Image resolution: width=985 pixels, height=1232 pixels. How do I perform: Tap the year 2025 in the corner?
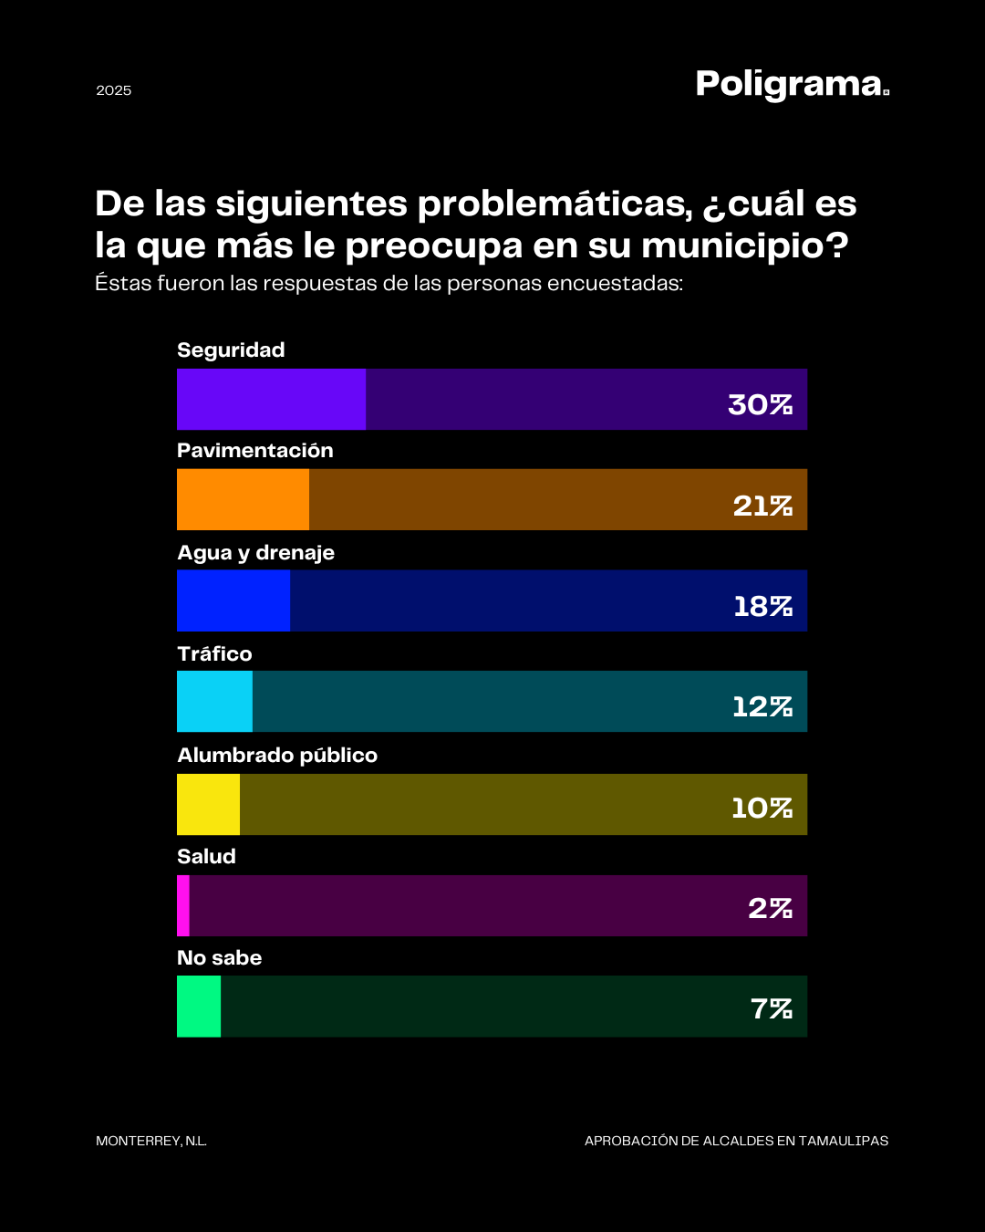click(114, 90)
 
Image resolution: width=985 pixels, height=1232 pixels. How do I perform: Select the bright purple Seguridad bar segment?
click(271, 399)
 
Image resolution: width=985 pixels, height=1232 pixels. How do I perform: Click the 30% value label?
click(760, 404)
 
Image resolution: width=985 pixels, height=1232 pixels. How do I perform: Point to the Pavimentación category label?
click(255, 451)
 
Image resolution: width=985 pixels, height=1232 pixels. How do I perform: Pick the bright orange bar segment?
click(243, 499)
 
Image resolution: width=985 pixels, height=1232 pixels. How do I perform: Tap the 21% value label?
click(762, 506)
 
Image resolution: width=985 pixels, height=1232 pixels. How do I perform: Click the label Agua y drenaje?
click(255, 553)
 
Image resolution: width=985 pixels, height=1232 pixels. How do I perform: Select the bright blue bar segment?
click(233, 600)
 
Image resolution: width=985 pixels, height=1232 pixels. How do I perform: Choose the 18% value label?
click(762, 606)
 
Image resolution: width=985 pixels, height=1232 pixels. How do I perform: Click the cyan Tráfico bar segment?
click(214, 701)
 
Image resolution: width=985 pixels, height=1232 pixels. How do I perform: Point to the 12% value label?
click(762, 706)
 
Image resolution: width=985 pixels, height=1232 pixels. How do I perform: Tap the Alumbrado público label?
click(277, 756)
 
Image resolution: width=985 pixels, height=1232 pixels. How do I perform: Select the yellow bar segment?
click(208, 804)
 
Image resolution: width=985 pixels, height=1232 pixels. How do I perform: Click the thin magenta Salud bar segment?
click(183, 905)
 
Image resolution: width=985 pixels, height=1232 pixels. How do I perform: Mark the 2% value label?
click(770, 908)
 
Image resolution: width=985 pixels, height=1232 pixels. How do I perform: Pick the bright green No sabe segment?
click(199, 1006)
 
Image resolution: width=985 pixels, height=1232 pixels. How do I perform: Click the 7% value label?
click(771, 1008)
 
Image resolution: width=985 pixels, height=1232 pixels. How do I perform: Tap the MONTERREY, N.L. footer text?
click(151, 1141)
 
